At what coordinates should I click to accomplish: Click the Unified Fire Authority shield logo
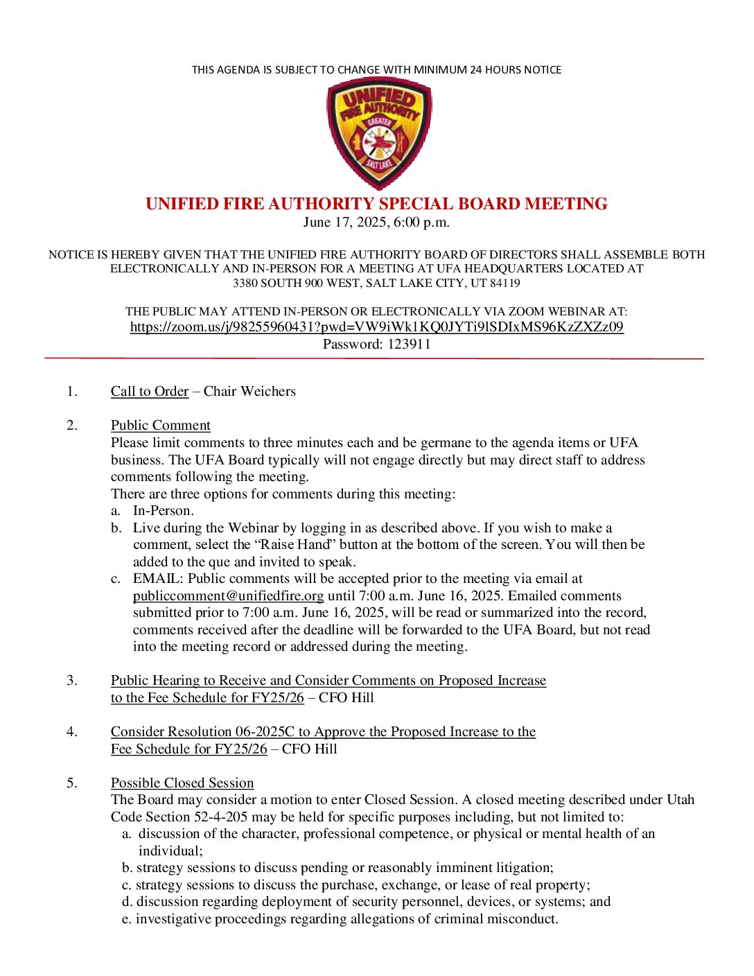click(x=379, y=133)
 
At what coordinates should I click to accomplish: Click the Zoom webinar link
click(x=376, y=327)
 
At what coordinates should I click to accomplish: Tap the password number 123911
click(x=408, y=345)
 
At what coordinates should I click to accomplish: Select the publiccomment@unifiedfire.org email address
click(x=228, y=596)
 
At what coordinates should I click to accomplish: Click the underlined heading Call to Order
click(x=149, y=392)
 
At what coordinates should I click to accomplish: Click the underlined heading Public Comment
click(x=160, y=426)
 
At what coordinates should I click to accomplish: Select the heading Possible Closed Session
click(x=182, y=783)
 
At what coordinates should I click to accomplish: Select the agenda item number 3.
click(x=72, y=681)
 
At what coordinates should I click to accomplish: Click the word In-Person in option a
click(x=163, y=511)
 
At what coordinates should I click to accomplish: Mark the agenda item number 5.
click(x=72, y=783)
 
